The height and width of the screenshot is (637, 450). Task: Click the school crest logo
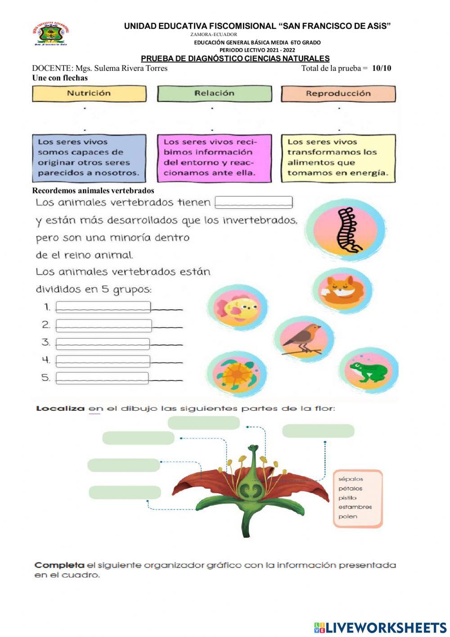51,34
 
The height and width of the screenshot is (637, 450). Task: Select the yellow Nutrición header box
89,93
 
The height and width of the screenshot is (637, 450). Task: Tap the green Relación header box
214,93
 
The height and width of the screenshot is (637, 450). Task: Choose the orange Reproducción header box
338,94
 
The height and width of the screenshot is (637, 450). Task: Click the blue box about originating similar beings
89,158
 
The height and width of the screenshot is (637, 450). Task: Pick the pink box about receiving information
214,158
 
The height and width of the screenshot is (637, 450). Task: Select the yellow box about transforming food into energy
338,158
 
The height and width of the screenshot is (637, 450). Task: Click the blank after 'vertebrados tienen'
254,202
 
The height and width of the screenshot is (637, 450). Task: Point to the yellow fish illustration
238,308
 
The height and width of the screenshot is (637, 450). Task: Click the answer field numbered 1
103,307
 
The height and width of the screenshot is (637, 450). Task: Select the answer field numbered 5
102,378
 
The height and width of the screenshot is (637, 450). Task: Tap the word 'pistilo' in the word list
347,498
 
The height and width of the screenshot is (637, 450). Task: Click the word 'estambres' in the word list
355,507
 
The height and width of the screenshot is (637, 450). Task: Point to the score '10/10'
382,69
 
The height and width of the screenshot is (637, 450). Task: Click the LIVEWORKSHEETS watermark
380,628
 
